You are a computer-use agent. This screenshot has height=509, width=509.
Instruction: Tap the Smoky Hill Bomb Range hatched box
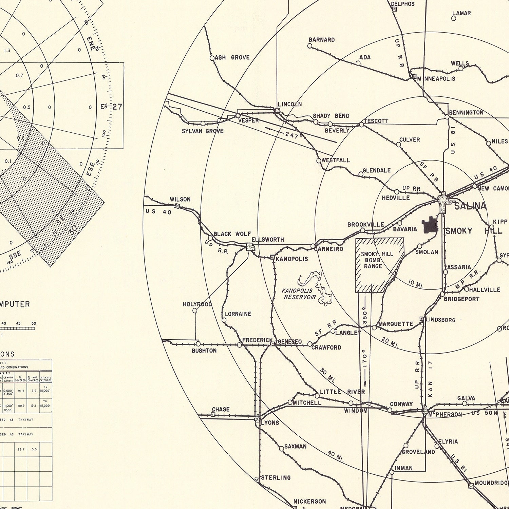pos(379,265)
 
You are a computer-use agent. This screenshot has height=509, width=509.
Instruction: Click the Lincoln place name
pos(289,104)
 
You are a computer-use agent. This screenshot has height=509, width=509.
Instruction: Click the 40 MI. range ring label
pos(336,456)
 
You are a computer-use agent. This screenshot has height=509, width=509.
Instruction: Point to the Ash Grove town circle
pos(212,58)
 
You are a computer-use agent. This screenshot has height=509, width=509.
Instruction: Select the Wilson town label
pos(180,199)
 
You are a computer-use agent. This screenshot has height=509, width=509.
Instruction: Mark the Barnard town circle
pos(309,45)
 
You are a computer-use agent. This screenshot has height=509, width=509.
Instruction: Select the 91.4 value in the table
pos(21,391)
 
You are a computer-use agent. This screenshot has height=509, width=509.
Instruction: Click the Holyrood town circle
pos(195,310)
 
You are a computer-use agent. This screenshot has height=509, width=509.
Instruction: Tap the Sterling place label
pos(276,477)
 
